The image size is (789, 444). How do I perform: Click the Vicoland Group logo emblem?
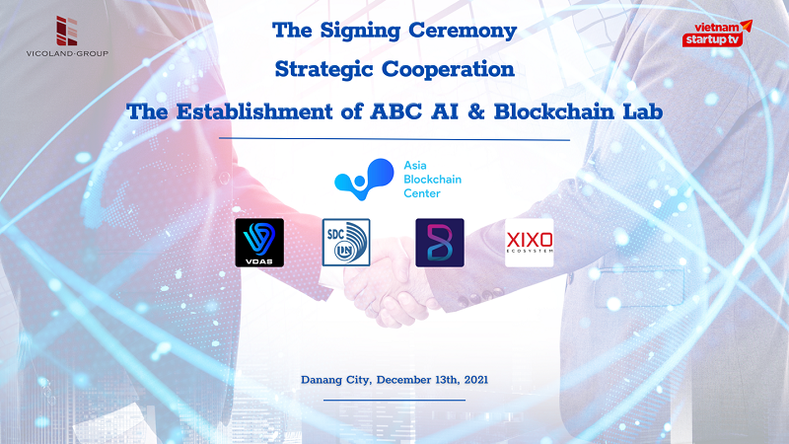point(66,31)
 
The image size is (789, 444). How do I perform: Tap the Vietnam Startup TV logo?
point(717,34)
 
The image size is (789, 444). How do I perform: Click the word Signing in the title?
point(360,31)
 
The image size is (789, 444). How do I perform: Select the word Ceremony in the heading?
point(463,31)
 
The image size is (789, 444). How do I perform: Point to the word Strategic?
point(323,69)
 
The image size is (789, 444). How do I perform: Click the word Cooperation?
point(449,69)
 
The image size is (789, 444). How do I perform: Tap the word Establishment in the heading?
point(254,111)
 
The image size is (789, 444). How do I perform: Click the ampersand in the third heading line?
point(475,111)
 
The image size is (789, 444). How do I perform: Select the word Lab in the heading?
point(643,111)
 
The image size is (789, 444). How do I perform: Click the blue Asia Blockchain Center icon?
point(364,180)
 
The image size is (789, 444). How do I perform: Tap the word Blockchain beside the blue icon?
point(432,180)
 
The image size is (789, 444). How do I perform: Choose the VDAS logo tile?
point(259,243)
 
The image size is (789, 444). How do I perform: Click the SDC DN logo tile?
point(346,242)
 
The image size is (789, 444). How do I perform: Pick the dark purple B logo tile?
point(440,243)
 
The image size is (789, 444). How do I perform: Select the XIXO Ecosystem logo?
point(530,243)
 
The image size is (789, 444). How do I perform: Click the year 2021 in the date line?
point(476,380)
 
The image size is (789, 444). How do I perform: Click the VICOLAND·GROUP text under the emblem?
point(67,53)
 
